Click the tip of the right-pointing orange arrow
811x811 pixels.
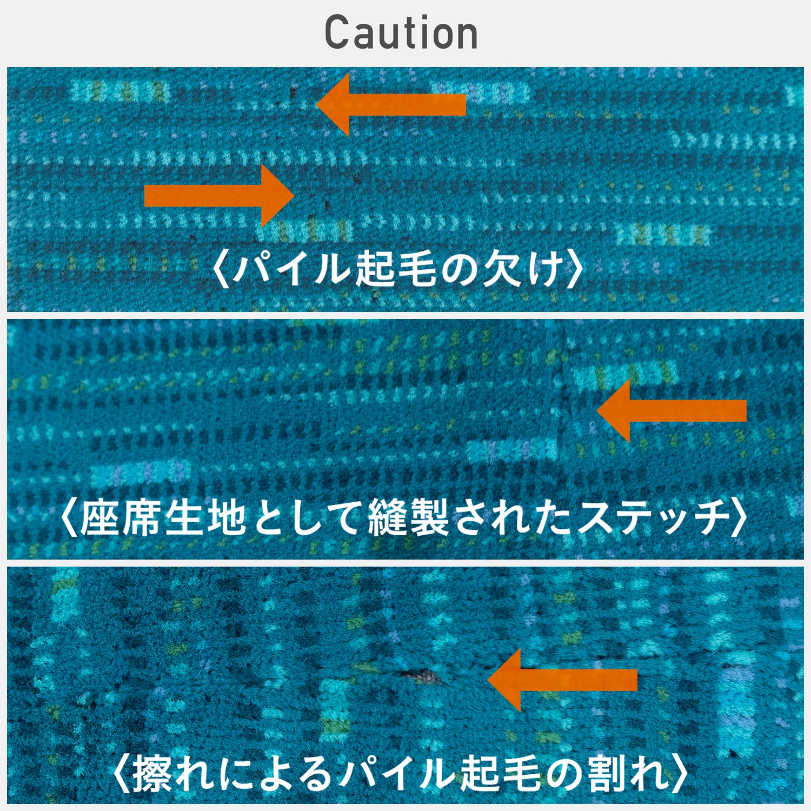tap(294, 195)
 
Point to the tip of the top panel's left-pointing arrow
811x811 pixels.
tap(316, 104)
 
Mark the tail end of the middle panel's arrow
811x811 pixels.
tap(746, 411)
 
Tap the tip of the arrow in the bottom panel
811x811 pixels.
tap(488, 680)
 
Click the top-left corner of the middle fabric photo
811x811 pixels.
tap(7, 319)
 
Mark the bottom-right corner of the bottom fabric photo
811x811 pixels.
tap(804, 804)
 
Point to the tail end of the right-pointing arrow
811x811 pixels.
tap(144, 195)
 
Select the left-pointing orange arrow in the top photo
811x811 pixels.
tap(391, 104)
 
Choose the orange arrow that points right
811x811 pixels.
tap(219, 195)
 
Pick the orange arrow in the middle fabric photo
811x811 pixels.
tap(672, 411)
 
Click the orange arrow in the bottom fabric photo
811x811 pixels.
tap(563, 680)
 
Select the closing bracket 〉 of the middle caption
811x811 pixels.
tap(740, 518)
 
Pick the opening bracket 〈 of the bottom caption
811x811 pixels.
tap(122, 774)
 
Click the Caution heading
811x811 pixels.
tap(401, 32)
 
